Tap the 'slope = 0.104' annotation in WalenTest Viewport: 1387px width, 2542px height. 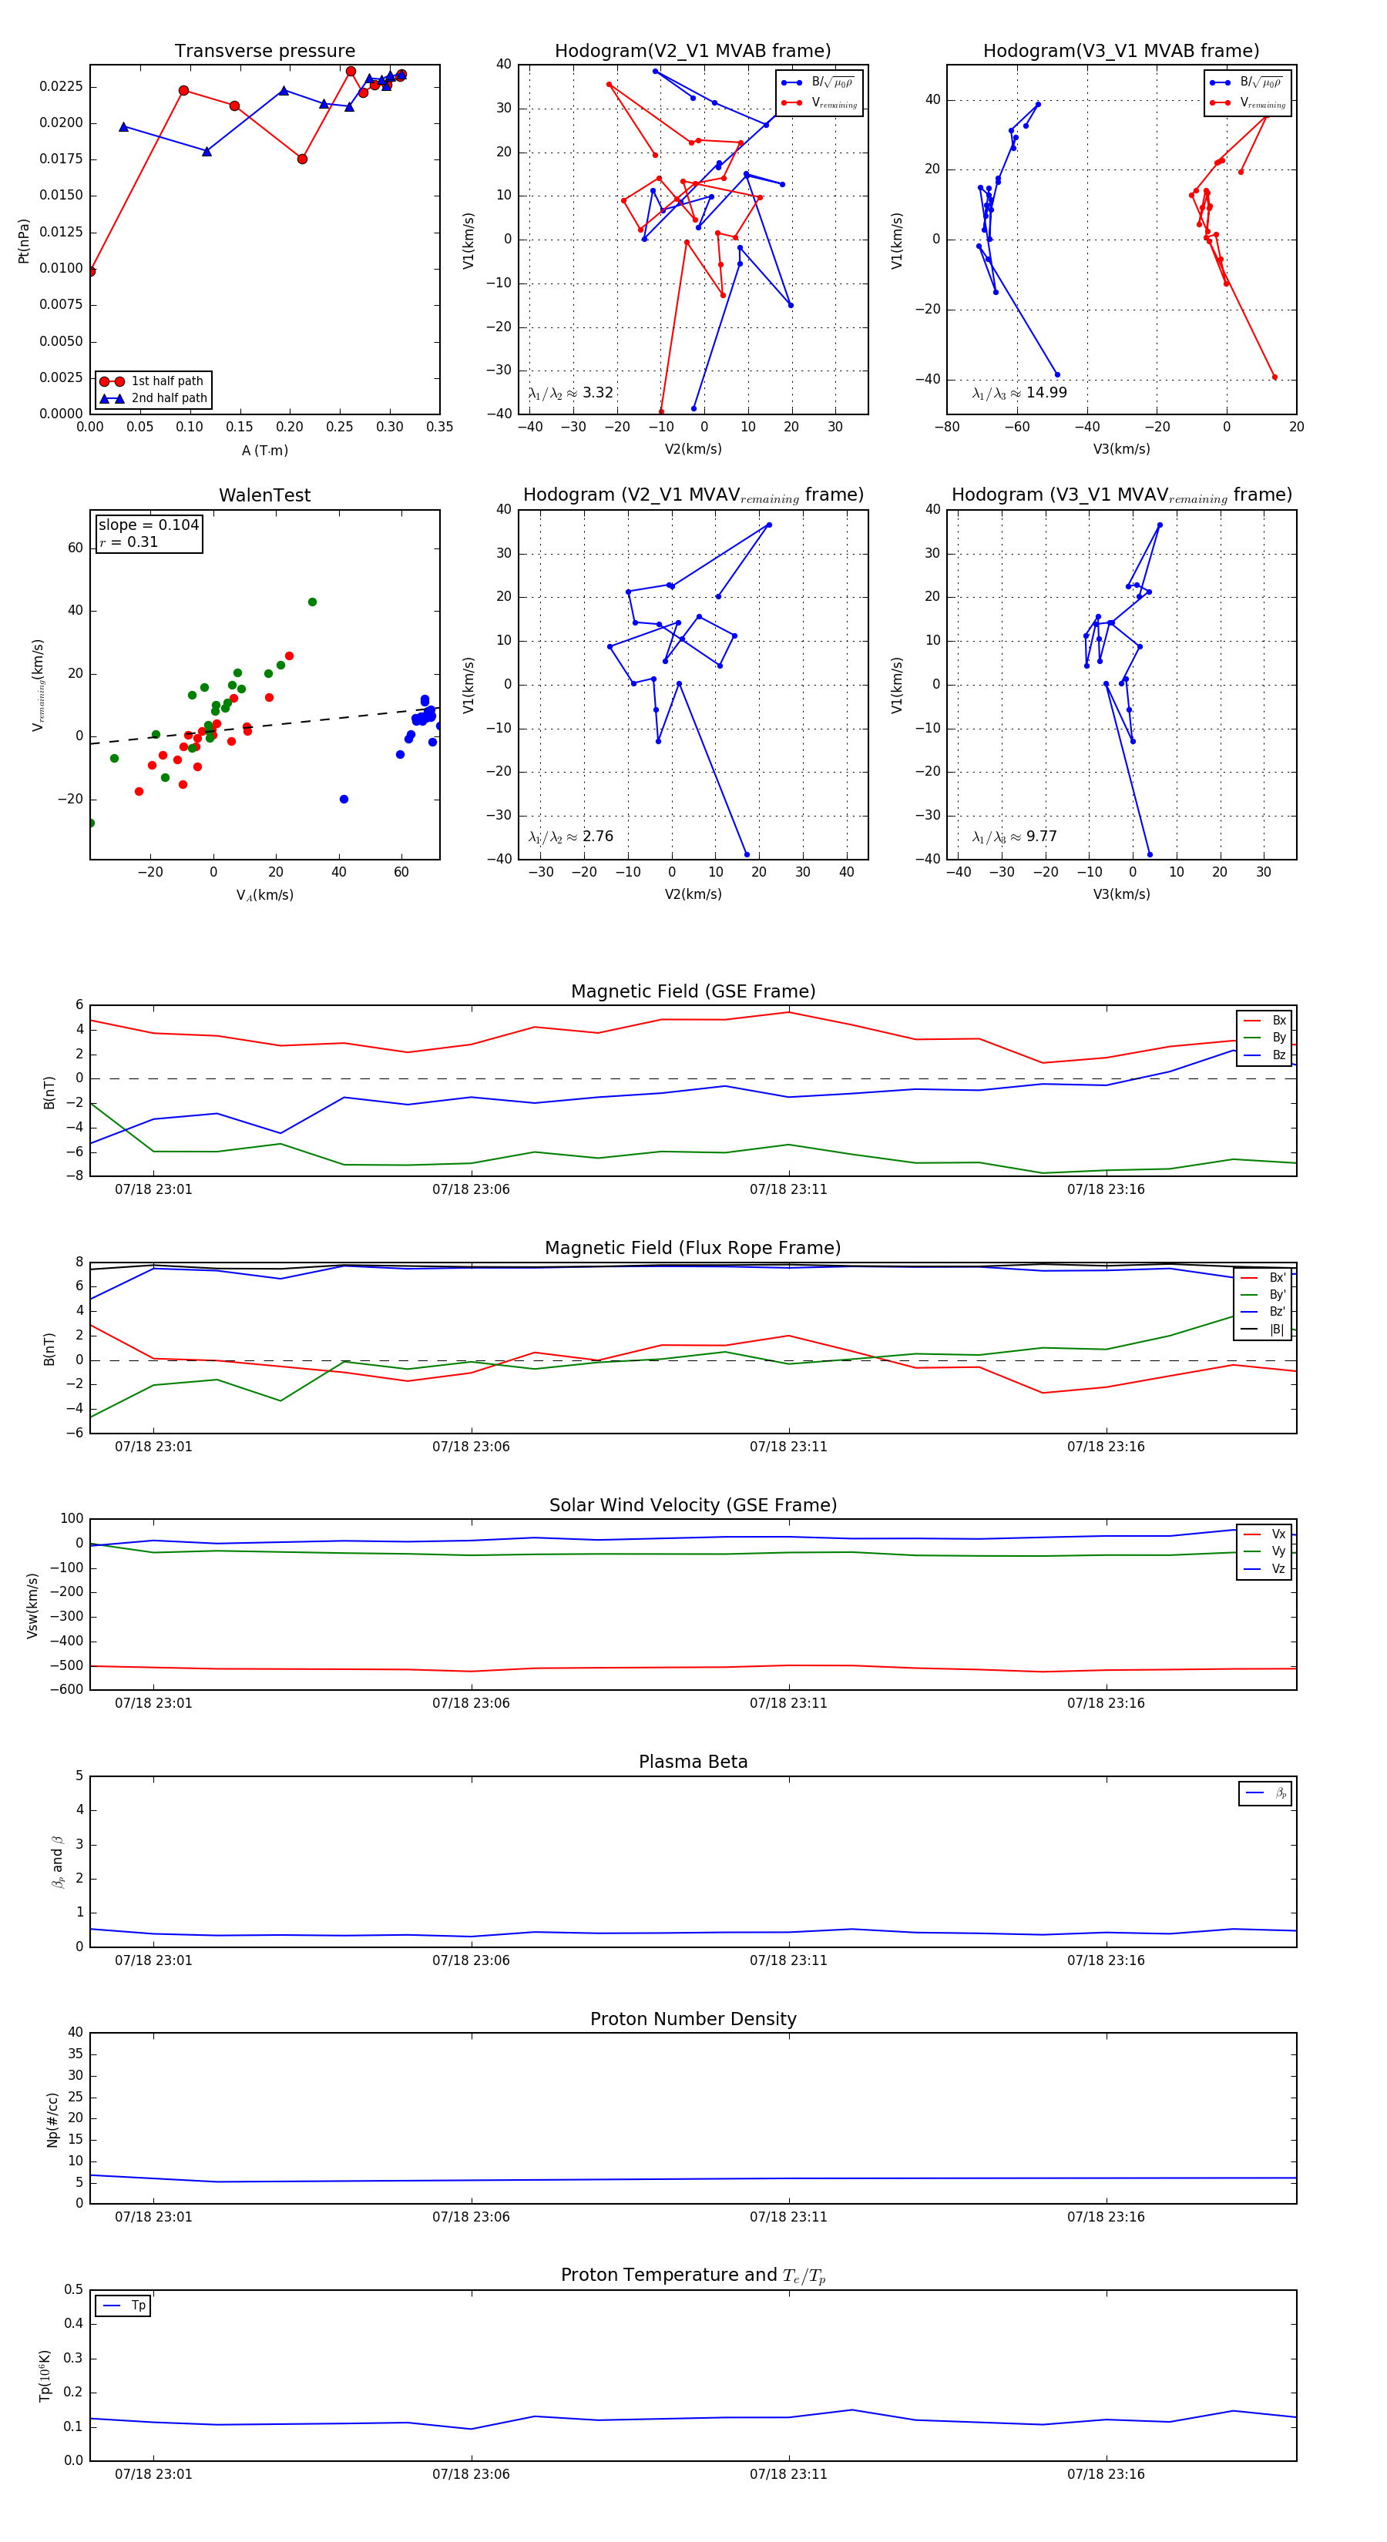[148, 525]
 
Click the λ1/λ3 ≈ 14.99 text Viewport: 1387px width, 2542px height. [1019, 393]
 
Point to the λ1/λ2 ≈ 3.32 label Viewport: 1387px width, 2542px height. [570, 393]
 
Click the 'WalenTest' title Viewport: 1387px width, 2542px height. [264, 495]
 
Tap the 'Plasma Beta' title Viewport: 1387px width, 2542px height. [693, 1762]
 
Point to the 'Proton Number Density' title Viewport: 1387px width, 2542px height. [693, 2019]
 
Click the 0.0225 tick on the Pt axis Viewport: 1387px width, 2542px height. [61, 87]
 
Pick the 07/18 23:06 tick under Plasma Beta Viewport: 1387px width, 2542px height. [471, 1960]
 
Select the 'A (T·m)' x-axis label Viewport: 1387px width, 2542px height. [264, 451]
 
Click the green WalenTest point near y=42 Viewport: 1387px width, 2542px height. [312, 602]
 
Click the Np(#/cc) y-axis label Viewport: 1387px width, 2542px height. [52, 2120]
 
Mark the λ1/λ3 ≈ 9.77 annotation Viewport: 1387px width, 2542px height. [1014, 837]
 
